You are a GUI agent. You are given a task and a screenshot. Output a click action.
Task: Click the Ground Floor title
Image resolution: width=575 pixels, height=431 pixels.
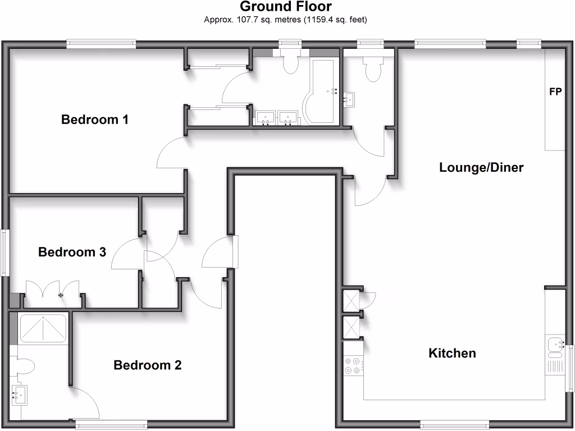point(286,7)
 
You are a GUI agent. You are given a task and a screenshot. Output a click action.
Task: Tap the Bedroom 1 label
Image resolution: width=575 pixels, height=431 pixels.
point(95,120)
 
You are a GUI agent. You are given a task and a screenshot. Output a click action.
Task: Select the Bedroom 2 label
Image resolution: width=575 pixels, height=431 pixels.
point(148,365)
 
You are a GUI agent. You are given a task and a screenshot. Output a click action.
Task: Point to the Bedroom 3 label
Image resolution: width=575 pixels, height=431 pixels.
point(72,252)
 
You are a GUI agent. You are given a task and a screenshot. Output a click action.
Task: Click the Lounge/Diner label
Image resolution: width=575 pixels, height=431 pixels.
point(481,167)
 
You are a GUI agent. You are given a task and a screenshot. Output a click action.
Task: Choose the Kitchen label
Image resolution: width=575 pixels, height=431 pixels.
point(452,353)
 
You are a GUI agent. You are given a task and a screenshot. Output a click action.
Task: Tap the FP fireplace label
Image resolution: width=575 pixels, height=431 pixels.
point(555,92)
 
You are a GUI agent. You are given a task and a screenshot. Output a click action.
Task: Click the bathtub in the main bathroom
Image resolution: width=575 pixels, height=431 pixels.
point(320,90)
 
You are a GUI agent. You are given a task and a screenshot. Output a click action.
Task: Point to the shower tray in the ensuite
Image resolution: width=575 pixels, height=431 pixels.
point(43,329)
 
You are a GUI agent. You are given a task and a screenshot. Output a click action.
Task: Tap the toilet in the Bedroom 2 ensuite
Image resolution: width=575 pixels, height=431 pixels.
point(23,367)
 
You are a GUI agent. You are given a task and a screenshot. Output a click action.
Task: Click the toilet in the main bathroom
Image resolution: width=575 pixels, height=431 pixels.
point(290,62)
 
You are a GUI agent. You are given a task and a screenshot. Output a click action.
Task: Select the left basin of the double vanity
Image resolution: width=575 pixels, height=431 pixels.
point(264,118)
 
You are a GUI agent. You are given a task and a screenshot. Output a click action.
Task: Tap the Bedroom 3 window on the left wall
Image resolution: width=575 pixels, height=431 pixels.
point(5,252)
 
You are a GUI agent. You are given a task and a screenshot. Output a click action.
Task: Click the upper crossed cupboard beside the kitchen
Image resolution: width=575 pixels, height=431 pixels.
point(352,300)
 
